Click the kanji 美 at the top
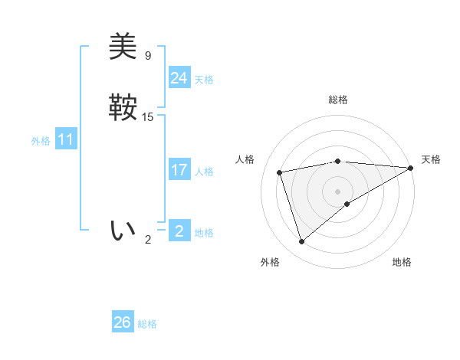pos(123,47)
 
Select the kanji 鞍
pos(123,108)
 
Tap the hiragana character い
pos(123,230)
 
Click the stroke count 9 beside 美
pos(148,55)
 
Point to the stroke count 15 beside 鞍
pos(149,117)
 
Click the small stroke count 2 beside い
pos(148,240)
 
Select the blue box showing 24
pos(179,78)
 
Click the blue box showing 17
pos(179,170)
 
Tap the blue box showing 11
pos(65,140)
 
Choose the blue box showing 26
pos(122,322)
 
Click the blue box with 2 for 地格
pos(179,231)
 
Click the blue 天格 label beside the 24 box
pos(204,80)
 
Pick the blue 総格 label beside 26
pos(147,324)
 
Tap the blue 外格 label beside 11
pos(41,141)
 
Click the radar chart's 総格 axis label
pos(337,100)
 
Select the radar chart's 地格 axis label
pos(402,262)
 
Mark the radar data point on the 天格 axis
pos(411,168)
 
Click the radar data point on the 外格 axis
pos(301,242)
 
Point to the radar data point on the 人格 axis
pos(280,172)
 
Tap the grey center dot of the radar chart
pos(337,191)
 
